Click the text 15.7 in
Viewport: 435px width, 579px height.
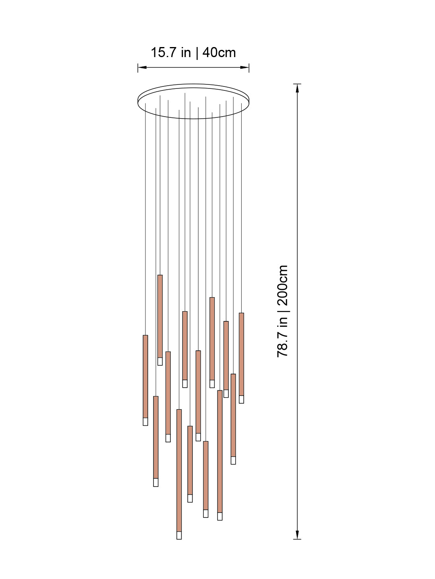click(x=170, y=53)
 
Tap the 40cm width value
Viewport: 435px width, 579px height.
click(x=219, y=53)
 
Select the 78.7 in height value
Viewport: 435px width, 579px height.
click(x=282, y=337)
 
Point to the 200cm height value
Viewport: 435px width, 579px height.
click(x=282, y=285)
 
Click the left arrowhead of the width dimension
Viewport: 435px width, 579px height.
click(x=141, y=68)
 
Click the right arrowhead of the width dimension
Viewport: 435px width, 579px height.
click(x=245, y=68)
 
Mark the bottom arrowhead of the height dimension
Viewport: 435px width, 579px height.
click(x=297, y=535)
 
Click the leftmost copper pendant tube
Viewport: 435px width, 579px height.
click(x=145, y=376)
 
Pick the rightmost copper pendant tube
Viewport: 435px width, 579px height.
click(x=241, y=354)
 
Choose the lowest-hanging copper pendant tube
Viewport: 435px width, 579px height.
click(x=179, y=470)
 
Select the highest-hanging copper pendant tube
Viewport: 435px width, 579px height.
click(x=160, y=316)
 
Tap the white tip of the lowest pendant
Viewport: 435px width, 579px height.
click(x=179, y=535)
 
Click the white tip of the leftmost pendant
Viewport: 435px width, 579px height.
click(x=145, y=421)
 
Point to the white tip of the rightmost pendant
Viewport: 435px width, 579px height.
click(x=241, y=399)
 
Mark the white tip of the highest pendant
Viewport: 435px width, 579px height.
click(x=160, y=361)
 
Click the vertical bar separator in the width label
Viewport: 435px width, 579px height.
click(x=197, y=53)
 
